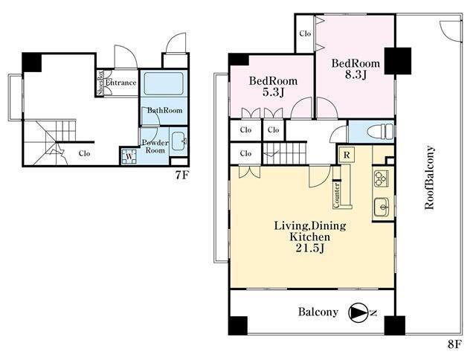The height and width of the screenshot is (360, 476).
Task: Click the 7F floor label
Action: pyautogui.click(x=182, y=176)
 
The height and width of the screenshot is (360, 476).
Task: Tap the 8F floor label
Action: pyautogui.click(x=454, y=344)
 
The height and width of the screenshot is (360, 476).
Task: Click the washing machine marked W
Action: pyautogui.click(x=129, y=156)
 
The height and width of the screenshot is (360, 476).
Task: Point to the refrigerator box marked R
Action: pyautogui.click(x=347, y=155)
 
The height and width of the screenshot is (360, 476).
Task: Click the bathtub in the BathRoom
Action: pyautogui.click(x=164, y=83)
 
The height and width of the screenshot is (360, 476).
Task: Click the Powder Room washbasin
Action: pyautogui.click(x=178, y=141)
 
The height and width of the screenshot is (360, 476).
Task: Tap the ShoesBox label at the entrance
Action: pyautogui.click(x=100, y=83)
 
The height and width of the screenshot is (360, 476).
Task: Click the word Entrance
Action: pyautogui.click(x=120, y=83)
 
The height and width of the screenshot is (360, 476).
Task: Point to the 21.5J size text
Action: pyautogui.click(x=310, y=248)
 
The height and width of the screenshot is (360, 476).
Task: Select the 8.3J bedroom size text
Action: pyautogui.click(x=356, y=74)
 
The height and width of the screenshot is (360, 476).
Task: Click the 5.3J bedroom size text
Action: pyautogui.click(x=273, y=91)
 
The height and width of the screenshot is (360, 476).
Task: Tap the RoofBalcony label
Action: pyautogui.click(x=430, y=178)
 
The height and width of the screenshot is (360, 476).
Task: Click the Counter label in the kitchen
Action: pyautogui.click(x=336, y=195)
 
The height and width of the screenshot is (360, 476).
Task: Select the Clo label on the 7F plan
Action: pyautogui.click(x=84, y=153)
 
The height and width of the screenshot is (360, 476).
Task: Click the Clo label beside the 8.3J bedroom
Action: pyautogui.click(x=305, y=33)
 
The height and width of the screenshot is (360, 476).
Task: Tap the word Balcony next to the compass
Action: pyautogui.click(x=318, y=312)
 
